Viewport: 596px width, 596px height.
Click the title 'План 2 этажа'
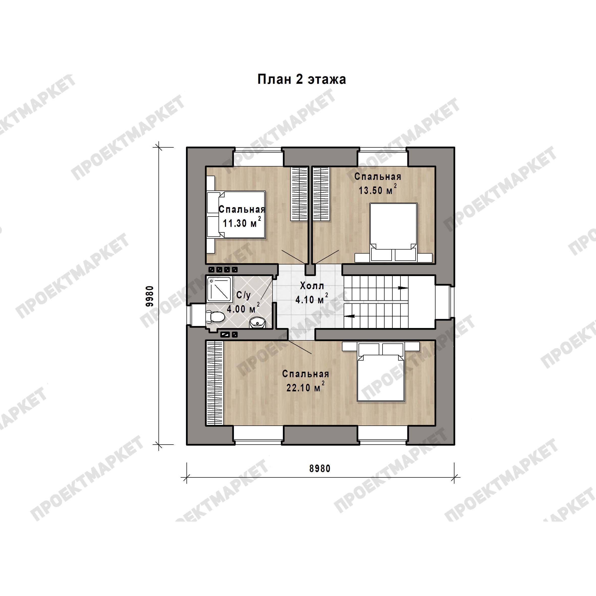[x=302, y=79]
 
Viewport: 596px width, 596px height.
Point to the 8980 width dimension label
[x=320, y=469]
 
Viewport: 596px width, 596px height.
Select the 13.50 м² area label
[x=377, y=190]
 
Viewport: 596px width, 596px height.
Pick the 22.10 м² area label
[x=305, y=387]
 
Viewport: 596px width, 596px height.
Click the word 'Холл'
[x=312, y=286]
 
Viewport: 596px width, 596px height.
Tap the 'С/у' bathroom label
[x=243, y=295]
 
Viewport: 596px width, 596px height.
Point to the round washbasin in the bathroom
[x=257, y=323]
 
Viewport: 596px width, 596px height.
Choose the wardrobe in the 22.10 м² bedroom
[x=214, y=383]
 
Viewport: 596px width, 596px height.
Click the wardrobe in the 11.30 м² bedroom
[x=299, y=194]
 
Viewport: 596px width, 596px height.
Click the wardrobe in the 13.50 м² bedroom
[x=321, y=194]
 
